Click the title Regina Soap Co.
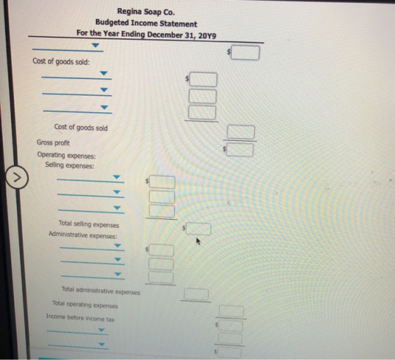[x=146, y=11]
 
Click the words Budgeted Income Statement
[x=146, y=23]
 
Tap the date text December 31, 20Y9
[x=181, y=35]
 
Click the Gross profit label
[x=53, y=142]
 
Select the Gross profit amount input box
[x=240, y=150]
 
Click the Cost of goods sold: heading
[x=61, y=61]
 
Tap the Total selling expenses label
[x=89, y=223]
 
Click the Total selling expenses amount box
[x=198, y=229]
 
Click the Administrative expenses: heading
[x=83, y=235]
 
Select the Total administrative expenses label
[x=101, y=291]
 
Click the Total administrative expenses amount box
[x=196, y=294]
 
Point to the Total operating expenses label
[x=85, y=304]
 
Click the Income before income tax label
[x=80, y=318]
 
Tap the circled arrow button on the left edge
[x=17, y=178]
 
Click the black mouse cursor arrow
[x=198, y=241]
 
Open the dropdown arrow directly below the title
[x=95, y=45]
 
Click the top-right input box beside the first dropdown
[x=245, y=53]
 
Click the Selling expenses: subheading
[x=70, y=166]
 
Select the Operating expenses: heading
[x=66, y=155]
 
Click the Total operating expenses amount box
[x=231, y=311]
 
